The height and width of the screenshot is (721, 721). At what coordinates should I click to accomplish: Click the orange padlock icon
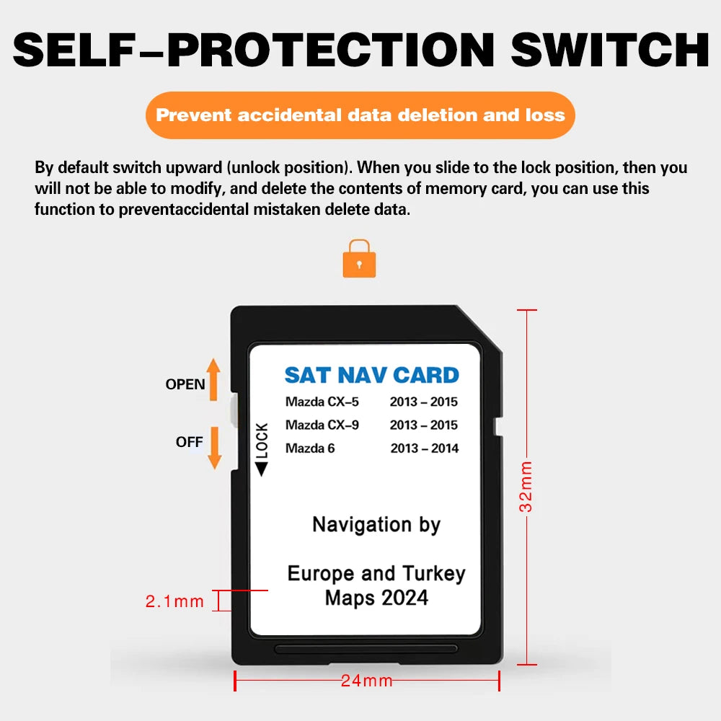358,259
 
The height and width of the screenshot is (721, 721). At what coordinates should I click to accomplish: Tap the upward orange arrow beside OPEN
213,379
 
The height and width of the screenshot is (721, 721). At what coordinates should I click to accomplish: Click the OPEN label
185,384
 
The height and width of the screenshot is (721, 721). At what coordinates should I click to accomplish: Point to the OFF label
189,442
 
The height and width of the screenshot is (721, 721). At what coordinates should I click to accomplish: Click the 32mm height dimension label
527,486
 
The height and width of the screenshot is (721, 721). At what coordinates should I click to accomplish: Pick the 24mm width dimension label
367,680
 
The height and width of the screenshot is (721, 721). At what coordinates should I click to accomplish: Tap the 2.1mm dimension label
175,601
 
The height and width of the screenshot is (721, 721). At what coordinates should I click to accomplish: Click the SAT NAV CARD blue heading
371,375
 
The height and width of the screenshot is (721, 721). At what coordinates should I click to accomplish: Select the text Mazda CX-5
322,402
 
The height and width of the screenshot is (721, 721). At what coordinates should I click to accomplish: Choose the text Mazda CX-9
322,425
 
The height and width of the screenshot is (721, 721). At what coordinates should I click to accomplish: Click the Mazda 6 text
310,448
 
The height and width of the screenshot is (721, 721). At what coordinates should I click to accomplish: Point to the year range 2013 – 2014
425,448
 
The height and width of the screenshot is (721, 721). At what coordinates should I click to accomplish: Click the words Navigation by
376,525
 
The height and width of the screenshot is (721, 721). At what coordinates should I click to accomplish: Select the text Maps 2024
376,598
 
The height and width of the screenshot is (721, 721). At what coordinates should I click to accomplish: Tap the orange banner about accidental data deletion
360,115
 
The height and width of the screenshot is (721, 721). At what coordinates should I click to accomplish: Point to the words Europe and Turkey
376,574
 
